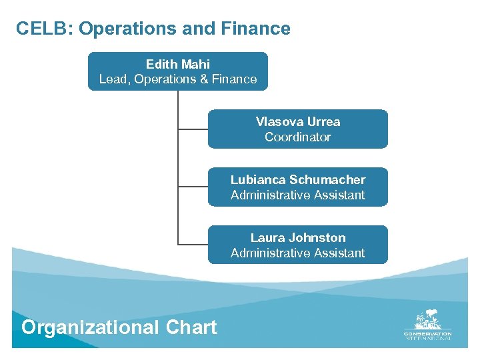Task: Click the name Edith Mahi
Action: pyautogui.click(x=178, y=64)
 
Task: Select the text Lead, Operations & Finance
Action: pyautogui.click(x=178, y=79)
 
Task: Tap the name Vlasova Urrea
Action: pyautogui.click(x=298, y=122)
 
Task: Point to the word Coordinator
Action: pyautogui.click(x=298, y=137)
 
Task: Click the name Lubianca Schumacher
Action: pyautogui.click(x=298, y=180)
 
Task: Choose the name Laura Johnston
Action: pyautogui.click(x=298, y=238)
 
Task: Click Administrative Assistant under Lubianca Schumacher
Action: pyautogui.click(x=298, y=195)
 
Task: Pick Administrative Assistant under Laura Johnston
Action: pyautogui.click(x=298, y=253)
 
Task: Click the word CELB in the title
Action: pyautogui.click(x=39, y=29)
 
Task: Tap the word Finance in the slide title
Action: pyautogui.click(x=259, y=29)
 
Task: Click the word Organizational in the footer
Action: pyautogui.click(x=90, y=327)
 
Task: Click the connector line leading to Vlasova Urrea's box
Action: pyautogui.click(x=193, y=129)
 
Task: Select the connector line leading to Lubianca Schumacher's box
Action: pyautogui.click(x=193, y=187)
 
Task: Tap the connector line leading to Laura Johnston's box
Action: pyautogui.click(x=193, y=245)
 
